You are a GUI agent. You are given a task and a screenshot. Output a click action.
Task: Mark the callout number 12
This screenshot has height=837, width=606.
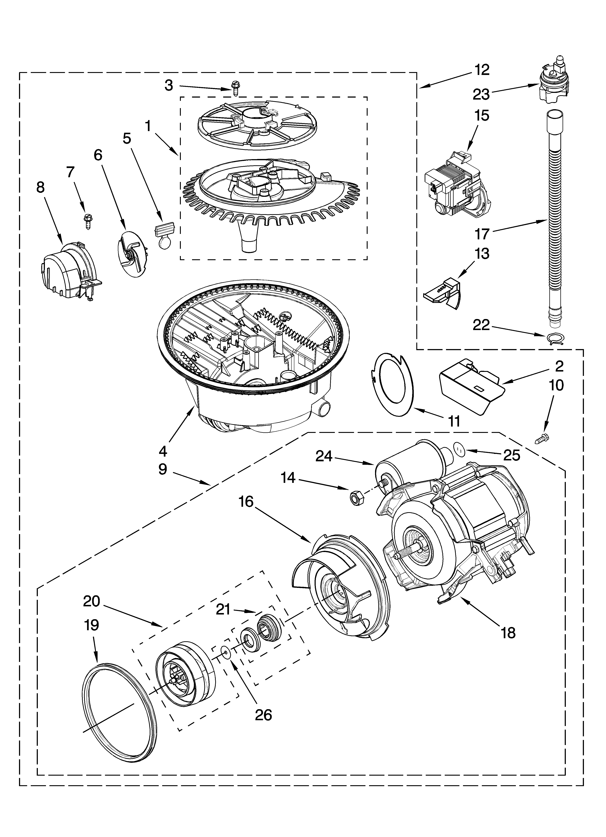[481, 69]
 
